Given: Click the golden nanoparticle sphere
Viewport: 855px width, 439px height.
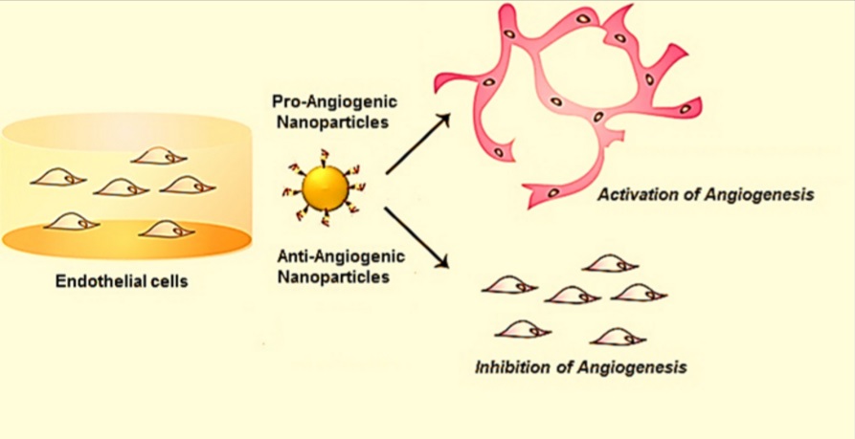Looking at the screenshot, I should click(322, 187).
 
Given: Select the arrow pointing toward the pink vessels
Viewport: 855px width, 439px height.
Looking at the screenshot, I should click(418, 145).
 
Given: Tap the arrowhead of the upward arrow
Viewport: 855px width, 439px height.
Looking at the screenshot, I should click(443, 119).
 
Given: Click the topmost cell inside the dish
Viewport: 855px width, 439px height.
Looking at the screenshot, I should click(155, 155).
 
